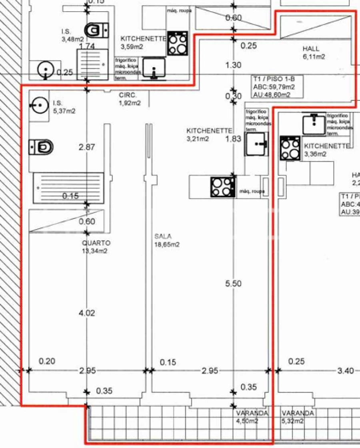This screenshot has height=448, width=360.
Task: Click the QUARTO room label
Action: (96, 247)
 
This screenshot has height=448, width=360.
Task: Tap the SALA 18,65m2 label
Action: (167, 240)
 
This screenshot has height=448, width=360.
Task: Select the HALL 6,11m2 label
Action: (314, 52)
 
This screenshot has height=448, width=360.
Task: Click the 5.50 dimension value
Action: (234, 284)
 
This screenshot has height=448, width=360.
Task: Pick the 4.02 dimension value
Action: (87, 313)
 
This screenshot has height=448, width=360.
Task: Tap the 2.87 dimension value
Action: (87, 147)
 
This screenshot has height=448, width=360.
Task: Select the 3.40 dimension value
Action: (346, 371)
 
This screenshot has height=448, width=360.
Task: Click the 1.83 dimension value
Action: (234, 139)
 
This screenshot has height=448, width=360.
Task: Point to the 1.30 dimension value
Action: (234, 65)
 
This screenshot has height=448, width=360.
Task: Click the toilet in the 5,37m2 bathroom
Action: (41, 147)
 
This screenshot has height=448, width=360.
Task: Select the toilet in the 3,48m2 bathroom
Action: (97, 30)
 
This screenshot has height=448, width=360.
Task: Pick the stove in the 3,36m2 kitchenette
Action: (290, 148)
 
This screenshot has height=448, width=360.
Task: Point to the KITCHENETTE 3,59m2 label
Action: (143, 42)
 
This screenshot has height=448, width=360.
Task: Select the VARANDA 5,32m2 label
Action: (298, 417)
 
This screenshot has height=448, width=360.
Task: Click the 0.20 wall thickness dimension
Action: (47, 362)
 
